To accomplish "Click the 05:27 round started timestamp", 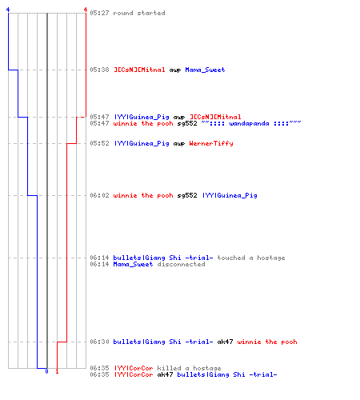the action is coord(99,13).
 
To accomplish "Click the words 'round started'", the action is coord(139,13).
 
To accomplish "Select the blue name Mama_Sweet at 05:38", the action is coord(205,70).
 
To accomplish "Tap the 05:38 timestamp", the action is coord(99,70).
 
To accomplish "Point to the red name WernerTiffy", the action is coord(211,143).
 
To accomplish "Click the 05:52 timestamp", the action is coord(99,143).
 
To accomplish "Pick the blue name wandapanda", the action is coord(249,123).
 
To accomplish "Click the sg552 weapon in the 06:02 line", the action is coord(187,195).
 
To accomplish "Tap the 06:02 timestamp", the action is coord(99,195).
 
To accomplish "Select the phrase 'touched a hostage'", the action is coord(251,258).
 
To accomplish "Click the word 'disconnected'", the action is coord(181,264).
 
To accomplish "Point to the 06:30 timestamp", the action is coord(99,342).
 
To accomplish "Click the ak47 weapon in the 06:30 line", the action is coord(225,342).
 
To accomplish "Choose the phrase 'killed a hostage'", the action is coord(189,368).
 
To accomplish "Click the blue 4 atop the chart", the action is coord(8,10).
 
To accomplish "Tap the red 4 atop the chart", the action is coord(86,10).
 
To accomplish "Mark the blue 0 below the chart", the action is coord(47,371).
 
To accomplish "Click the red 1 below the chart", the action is coord(57,371).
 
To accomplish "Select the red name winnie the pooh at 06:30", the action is coord(267,342).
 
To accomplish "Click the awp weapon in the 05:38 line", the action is coord(175,70).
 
